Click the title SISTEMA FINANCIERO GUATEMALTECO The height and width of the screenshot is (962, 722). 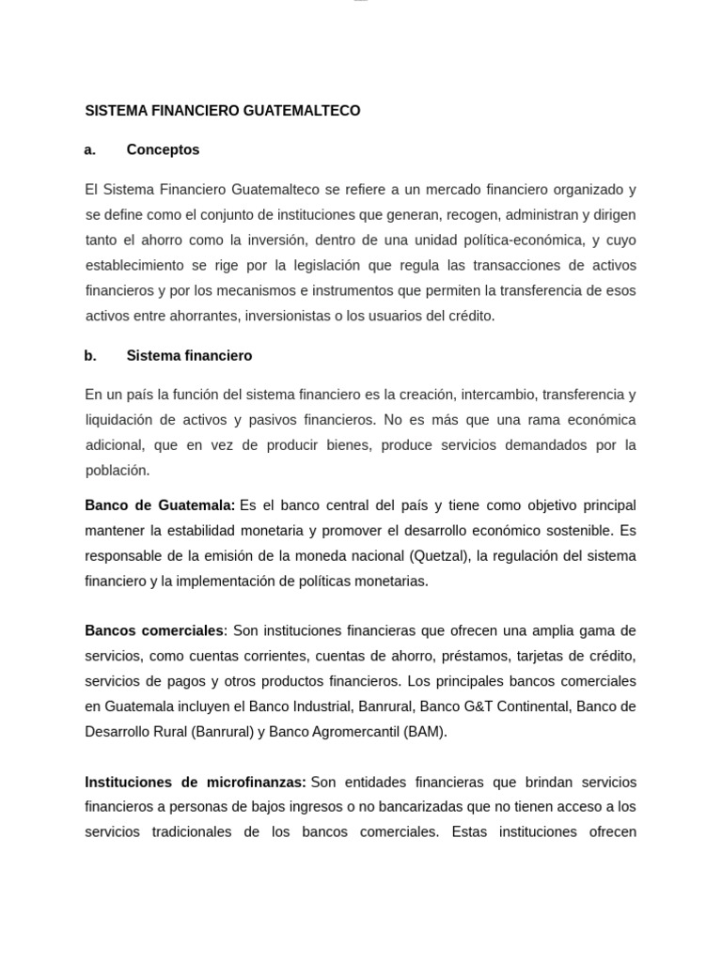click(x=223, y=111)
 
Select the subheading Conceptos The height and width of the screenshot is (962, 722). click(x=163, y=149)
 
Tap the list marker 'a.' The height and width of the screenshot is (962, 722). click(x=90, y=149)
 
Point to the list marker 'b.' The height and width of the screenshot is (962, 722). click(x=90, y=356)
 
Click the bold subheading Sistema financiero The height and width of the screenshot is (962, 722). click(x=189, y=356)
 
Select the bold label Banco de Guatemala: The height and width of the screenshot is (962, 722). click(x=160, y=505)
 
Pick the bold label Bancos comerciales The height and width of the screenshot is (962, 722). click(x=155, y=629)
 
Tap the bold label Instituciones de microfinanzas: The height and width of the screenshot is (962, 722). click(x=196, y=782)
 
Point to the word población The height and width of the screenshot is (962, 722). click(x=118, y=470)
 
